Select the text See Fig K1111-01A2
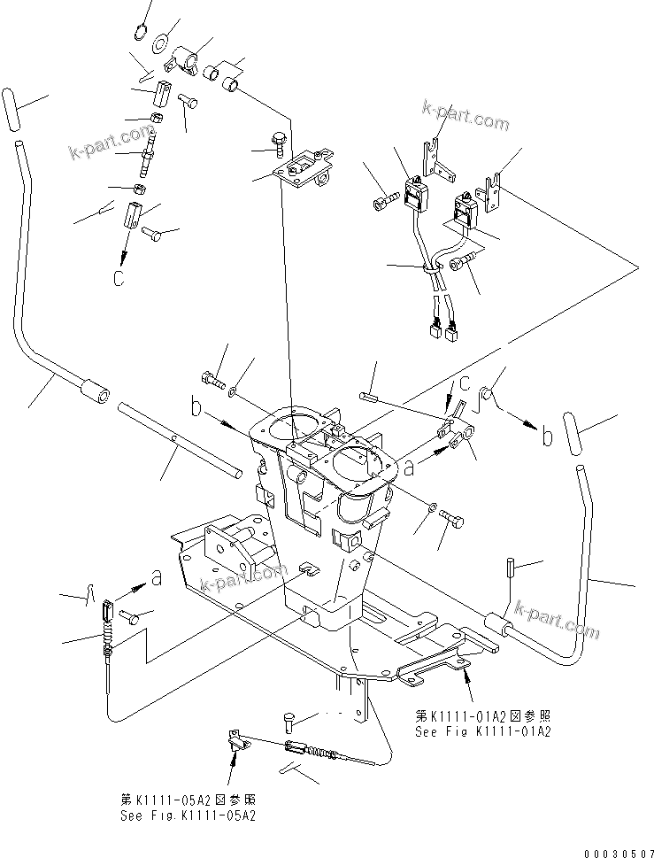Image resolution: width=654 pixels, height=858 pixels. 482,731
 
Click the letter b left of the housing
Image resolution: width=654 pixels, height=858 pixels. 196,408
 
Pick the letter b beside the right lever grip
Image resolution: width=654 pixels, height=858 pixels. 547,437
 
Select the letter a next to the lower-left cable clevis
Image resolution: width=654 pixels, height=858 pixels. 157,578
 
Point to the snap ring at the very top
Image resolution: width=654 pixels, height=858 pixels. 139,33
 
